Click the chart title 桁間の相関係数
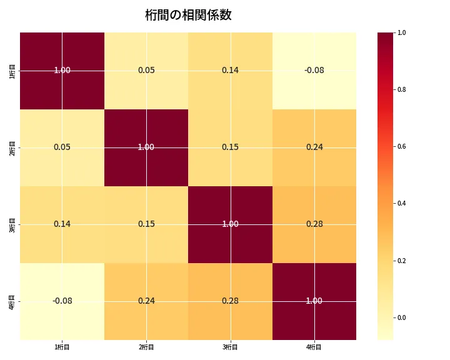188,15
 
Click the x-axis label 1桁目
62,347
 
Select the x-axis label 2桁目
146,347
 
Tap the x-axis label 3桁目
230,347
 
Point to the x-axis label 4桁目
314,347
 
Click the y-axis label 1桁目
13,71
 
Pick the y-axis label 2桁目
13,147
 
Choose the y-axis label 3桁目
13,224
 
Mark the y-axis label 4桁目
13,301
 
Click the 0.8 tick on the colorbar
402,89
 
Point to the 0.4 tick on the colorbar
402,204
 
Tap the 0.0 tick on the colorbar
402,317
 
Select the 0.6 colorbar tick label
402,147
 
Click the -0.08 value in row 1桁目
314,70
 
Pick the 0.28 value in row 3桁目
314,224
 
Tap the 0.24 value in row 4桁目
146,301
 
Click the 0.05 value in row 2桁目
62,147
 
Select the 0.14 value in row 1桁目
230,70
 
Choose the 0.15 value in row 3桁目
146,224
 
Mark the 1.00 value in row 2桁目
146,147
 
